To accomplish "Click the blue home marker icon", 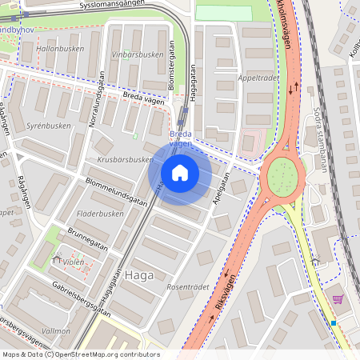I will point(180,172).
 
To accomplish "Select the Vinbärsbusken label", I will point(131,54).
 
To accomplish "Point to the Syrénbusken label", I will point(49,126).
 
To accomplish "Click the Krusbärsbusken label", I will point(124,159).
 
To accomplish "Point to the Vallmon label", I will point(55,330).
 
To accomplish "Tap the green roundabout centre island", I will point(282,174).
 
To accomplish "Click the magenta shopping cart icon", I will point(338,299).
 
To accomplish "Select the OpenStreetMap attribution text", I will point(80,354).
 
